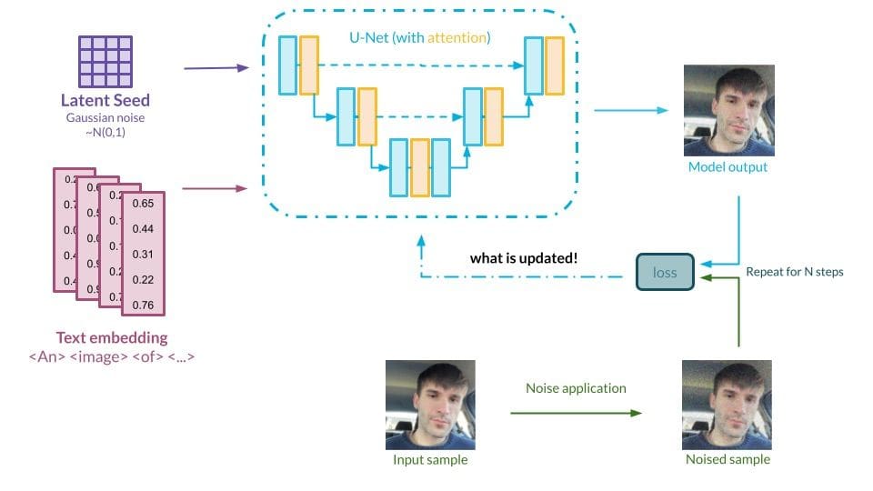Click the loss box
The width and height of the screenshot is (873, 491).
pyautogui.click(x=665, y=272)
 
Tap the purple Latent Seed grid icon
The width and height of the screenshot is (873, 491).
pyautogui.click(x=105, y=61)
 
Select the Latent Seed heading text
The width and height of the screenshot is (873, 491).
pyautogui.click(x=105, y=101)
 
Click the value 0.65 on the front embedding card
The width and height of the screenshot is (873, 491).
pyautogui.click(x=143, y=204)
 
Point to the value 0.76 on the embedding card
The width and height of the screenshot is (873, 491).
pyautogui.click(x=143, y=304)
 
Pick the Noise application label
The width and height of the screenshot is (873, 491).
pyautogui.click(x=576, y=388)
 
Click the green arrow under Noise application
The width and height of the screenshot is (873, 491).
pyautogui.click(x=576, y=413)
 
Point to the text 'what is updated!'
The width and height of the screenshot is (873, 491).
pyautogui.click(x=524, y=258)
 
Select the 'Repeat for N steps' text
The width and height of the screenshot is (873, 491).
pyautogui.click(x=795, y=271)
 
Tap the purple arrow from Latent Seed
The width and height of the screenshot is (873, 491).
pyautogui.click(x=216, y=68)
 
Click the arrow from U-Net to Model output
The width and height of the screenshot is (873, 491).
pyautogui.click(x=630, y=110)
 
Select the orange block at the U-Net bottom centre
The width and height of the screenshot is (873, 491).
pyautogui.click(x=419, y=167)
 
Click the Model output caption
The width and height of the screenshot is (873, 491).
pyautogui.click(x=727, y=167)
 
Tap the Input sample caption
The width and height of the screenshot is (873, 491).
pyautogui.click(x=430, y=460)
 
